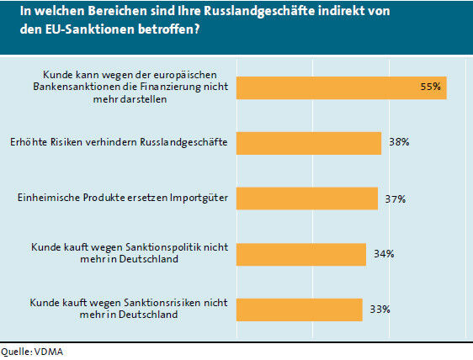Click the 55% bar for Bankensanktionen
tap(342, 87)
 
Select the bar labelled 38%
tap(309, 142)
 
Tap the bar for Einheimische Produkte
tap(307, 199)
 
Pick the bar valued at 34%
tap(301, 254)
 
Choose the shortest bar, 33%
tap(300, 310)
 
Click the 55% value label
tap(431, 87)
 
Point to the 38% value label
tap(399, 142)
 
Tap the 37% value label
tap(396, 199)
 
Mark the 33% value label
tap(380, 310)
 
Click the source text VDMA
tap(47, 352)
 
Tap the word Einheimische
tap(50, 199)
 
